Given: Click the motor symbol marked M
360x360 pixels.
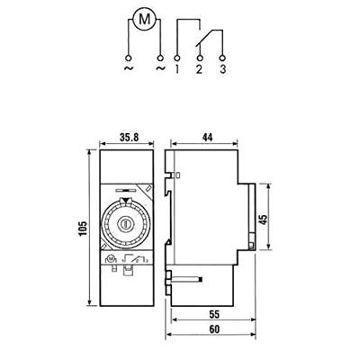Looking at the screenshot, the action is pyautogui.click(x=145, y=20).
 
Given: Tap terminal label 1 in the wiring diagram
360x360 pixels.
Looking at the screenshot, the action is pyautogui.click(x=177, y=69).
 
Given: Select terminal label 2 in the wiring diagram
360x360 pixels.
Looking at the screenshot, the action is pyautogui.click(x=199, y=69).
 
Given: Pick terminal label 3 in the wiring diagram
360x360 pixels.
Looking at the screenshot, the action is pyautogui.click(x=222, y=69).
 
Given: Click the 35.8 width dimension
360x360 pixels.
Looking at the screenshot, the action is pyautogui.click(x=130, y=138).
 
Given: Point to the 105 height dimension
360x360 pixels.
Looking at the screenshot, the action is pyautogui.click(x=83, y=229).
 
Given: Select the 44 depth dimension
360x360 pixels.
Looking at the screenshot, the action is pyautogui.click(x=207, y=138).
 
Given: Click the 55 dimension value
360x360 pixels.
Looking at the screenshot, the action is pyautogui.click(x=214, y=314).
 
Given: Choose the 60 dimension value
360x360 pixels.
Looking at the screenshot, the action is pyautogui.click(x=214, y=329).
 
